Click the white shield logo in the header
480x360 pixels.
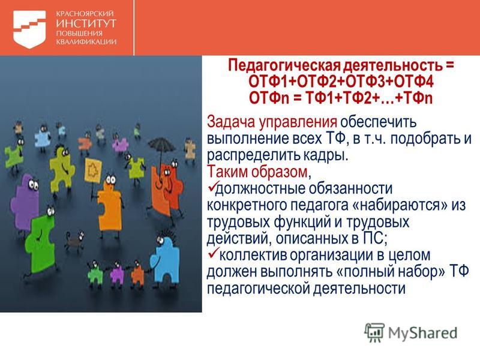(29, 29)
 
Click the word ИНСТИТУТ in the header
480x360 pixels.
(86, 23)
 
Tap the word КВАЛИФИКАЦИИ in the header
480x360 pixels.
(86, 42)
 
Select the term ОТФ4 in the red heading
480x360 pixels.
(413, 82)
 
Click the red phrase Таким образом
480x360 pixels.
(257, 172)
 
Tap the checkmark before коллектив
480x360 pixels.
(213, 253)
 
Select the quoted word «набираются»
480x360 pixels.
(400, 205)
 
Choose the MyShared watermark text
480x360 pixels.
(423, 333)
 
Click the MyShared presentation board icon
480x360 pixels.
(374, 332)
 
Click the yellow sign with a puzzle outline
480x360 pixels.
(93, 170)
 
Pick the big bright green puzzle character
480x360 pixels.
(40, 242)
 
